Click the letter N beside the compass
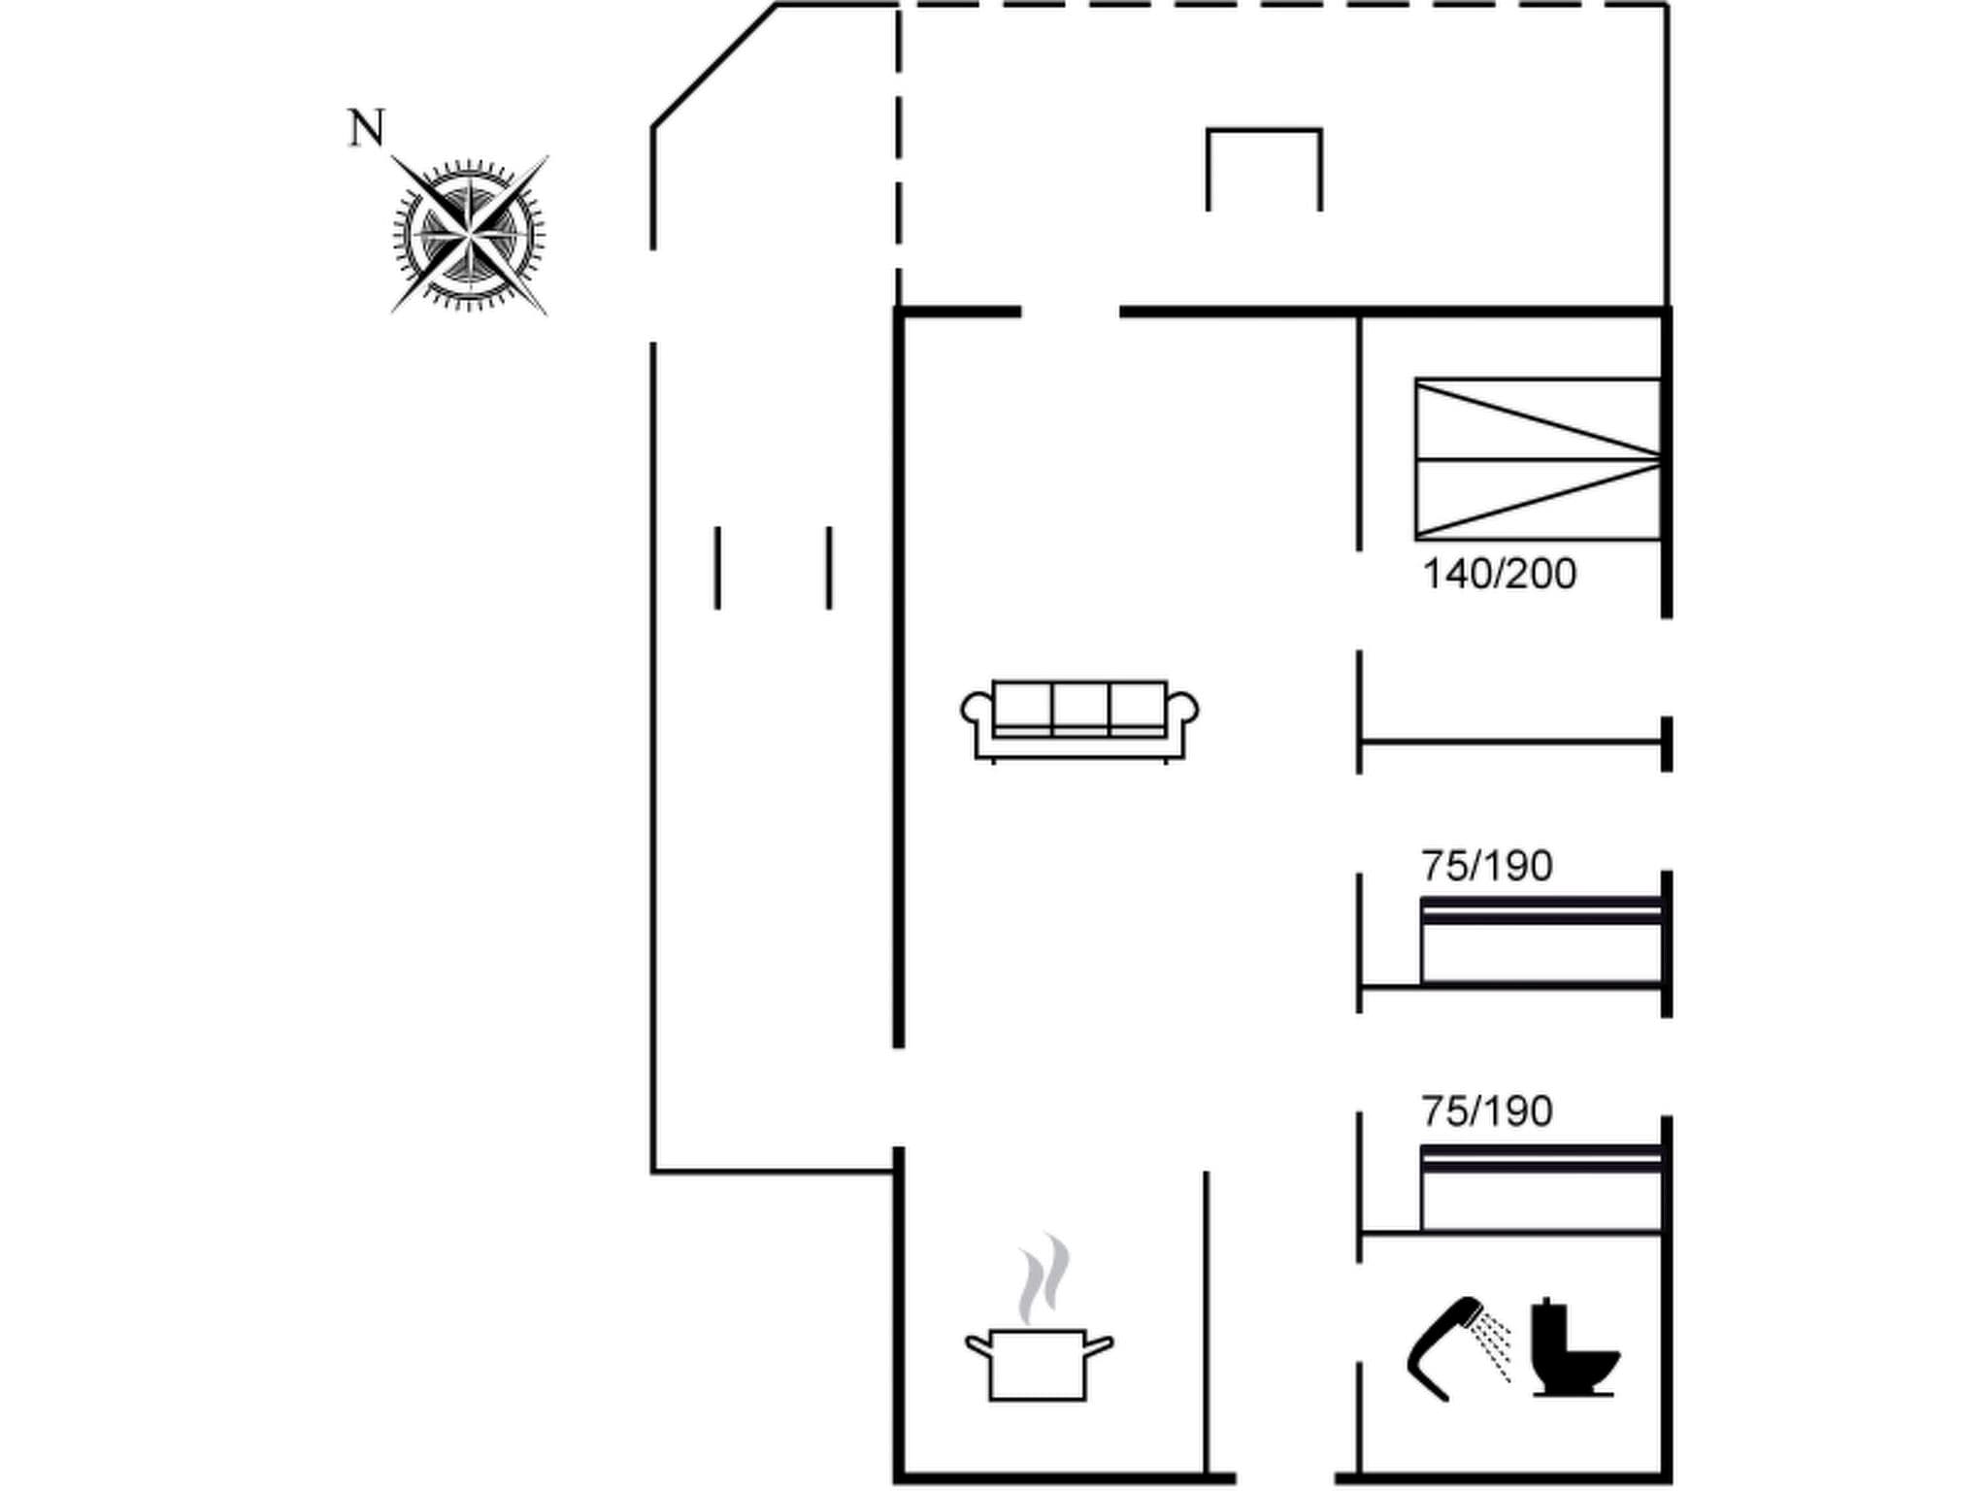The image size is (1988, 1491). pos(366,128)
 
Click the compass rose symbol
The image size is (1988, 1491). pos(470,235)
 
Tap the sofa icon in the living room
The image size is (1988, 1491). pos(1079,720)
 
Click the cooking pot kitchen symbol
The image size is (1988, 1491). pos(1038,1364)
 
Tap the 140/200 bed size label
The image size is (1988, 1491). pos(1499,575)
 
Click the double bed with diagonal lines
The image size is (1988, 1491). pos(1538,459)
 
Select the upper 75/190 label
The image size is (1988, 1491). pos(1487,866)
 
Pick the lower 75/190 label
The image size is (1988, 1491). pos(1487,1111)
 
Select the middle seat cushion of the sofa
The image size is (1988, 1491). pos(1079,706)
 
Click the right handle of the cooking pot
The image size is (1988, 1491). pos(1099,1345)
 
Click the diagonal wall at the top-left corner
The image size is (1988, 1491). pos(713,66)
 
